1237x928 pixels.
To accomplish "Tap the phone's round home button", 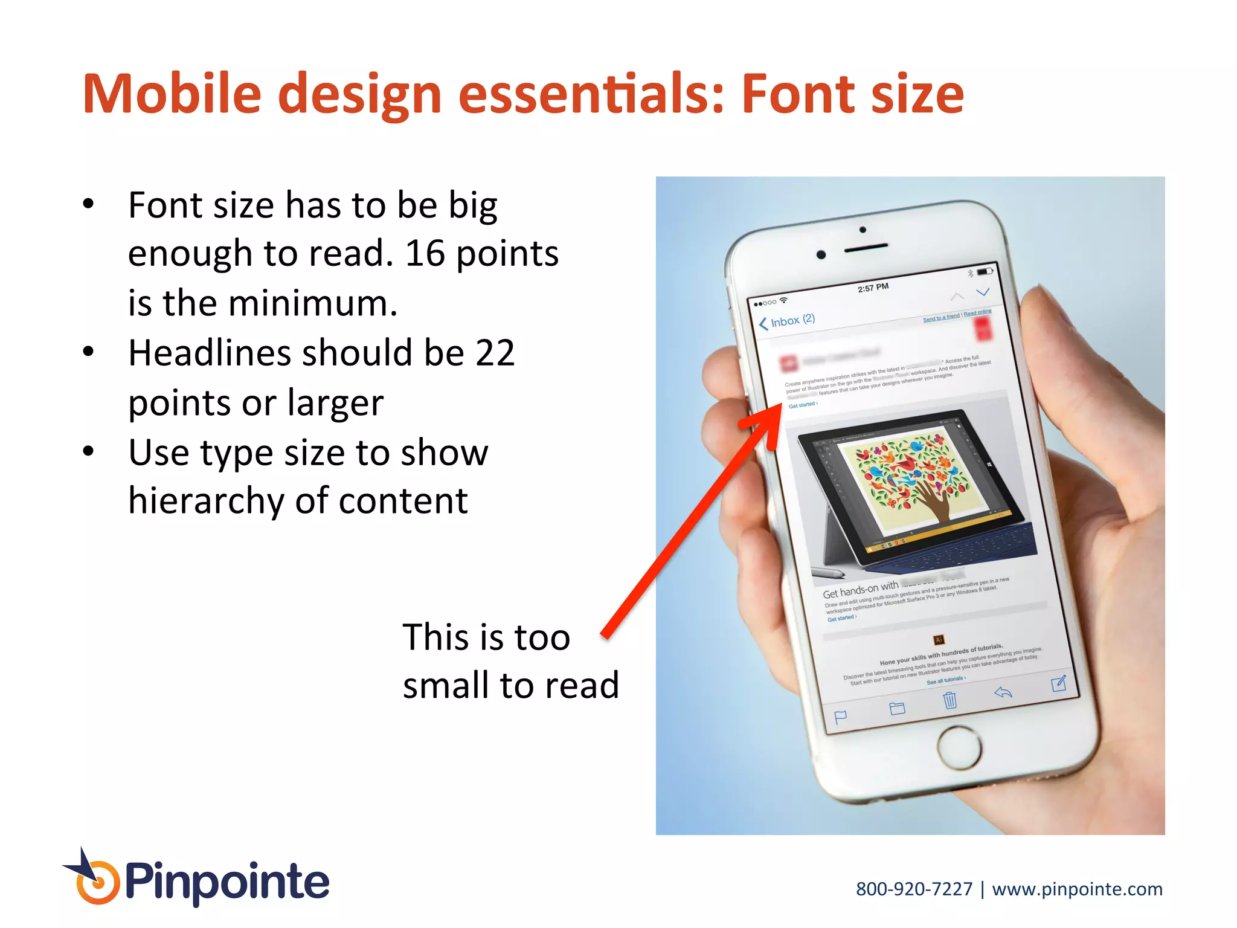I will tap(959, 747).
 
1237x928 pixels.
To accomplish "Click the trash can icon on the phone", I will tap(950, 700).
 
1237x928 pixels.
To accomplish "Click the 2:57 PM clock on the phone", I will tap(873, 288).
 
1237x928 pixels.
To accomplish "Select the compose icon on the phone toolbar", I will tap(1058, 683).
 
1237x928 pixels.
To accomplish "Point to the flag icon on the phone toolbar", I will tap(840, 717).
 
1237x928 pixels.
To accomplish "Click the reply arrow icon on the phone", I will tap(1003, 692).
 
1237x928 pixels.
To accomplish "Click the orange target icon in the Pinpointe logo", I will tap(97, 883).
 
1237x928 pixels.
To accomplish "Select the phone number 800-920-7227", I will tap(914, 889).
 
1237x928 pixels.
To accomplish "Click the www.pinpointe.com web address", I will tap(1077, 889).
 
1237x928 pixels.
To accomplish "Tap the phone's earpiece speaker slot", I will tap(866, 247).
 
